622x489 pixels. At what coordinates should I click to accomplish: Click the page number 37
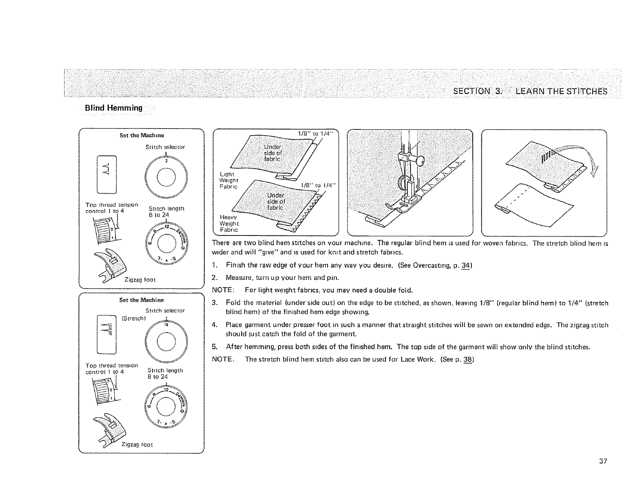(x=603, y=461)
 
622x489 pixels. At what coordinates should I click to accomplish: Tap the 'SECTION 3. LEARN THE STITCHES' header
(x=530, y=92)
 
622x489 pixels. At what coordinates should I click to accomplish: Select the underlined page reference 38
(x=470, y=359)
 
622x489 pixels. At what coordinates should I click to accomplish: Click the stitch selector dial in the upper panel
(x=166, y=175)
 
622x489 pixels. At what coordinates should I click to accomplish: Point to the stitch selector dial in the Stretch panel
(x=166, y=340)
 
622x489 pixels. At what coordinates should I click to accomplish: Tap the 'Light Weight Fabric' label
(x=227, y=180)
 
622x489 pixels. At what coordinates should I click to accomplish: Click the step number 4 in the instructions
(x=214, y=325)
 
